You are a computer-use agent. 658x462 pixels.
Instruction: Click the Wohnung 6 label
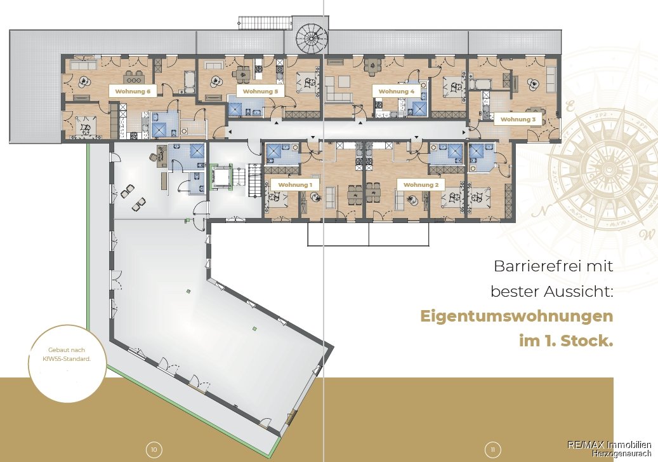(x=133, y=92)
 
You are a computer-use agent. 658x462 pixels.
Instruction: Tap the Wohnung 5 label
(x=260, y=92)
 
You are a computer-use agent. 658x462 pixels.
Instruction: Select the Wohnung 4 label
(x=396, y=92)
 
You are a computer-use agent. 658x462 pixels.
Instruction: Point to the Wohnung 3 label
(x=518, y=119)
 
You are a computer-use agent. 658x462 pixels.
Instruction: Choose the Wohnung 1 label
(x=295, y=184)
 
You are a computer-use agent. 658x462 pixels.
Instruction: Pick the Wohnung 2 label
(x=421, y=184)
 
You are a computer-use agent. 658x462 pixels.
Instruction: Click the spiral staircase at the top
(x=310, y=38)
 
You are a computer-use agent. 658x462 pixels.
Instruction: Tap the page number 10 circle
(x=154, y=450)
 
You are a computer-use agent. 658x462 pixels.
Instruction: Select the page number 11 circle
(x=493, y=450)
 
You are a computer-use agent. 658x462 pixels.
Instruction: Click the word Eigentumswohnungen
(x=517, y=316)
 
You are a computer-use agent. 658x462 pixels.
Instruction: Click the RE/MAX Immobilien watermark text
(x=609, y=445)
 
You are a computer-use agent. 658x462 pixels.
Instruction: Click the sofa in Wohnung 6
(x=84, y=65)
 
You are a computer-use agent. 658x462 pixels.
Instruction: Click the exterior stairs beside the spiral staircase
(x=265, y=22)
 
